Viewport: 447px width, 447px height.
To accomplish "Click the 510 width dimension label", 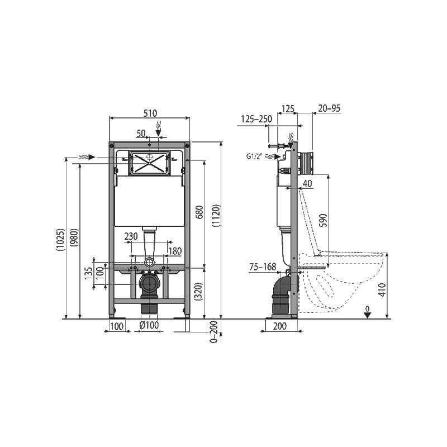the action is click(x=150, y=113).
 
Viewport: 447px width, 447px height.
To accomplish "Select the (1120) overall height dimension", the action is click(x=217, y=216).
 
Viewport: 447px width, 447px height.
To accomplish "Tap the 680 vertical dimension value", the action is click(x=199, y=212).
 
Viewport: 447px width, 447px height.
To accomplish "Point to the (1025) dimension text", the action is click(x=61, y=240).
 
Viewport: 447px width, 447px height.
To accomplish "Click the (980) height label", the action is click(x=75, y=237).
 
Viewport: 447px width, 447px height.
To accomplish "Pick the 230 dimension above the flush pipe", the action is click(x=131, y=236).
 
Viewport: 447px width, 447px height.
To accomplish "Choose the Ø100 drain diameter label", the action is click(x=149, y=325).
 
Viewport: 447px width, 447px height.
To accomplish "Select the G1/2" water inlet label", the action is click(x=254, y=156).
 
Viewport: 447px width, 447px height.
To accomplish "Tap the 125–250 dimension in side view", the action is click(x=256, y=119).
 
